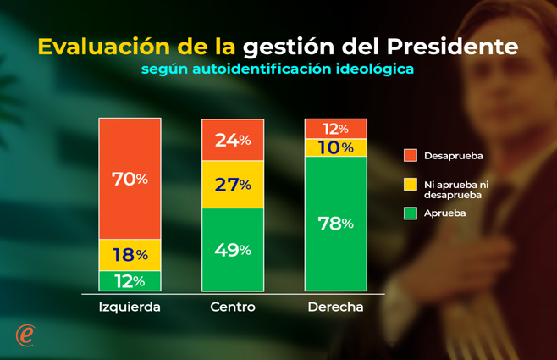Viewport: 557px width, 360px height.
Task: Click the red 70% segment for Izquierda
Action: (130, 179)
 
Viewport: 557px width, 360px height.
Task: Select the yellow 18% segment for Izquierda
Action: (130, 254)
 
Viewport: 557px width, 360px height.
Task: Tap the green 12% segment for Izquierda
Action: (130, 280)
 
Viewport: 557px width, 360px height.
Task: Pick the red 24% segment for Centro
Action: (232, 140)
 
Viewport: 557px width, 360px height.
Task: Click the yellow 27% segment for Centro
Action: (232, 184)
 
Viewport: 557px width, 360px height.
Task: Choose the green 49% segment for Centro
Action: (232, 249)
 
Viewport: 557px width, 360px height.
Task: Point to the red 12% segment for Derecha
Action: (335, 129)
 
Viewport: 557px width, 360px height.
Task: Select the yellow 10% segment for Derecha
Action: (335, 147)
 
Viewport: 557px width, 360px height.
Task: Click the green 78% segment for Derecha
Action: (335, 224)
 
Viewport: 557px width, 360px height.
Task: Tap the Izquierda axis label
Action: (130, 307)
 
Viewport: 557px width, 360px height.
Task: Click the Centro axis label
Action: (232, 307)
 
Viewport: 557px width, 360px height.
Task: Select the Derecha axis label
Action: (335, 307)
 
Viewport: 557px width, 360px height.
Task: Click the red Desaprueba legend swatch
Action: (411, 155)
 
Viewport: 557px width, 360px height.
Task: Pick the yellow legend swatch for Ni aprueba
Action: (411, 184)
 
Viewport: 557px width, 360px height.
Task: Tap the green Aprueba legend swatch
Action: (411, 213)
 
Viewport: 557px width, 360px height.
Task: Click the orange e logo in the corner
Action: (26, 334)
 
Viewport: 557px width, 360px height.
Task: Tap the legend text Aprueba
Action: (445, 213)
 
